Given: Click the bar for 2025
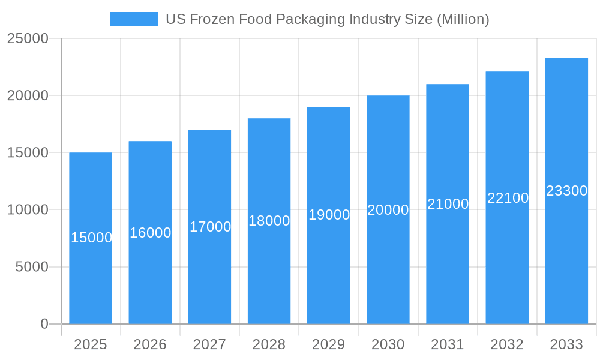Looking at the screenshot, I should pos(91,276).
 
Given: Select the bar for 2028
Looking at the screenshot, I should pos(269,270).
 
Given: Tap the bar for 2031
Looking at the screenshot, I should pos(448,258).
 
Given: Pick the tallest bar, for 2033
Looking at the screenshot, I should pos(566,252).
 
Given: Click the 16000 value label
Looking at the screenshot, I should pos(151,233).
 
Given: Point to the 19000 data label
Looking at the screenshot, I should pos(329,215).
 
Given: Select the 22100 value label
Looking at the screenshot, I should pos(508,198).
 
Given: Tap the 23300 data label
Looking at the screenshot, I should pos(566,191).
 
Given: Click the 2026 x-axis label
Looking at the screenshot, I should pos(150,344).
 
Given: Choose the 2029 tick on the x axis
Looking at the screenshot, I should pos(329,344).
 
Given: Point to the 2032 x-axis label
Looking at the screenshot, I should pos(507,344).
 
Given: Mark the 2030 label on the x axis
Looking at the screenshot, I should pos(388,344).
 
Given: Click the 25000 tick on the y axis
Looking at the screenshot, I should pos(28,39).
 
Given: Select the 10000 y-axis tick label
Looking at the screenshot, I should pos(28,210).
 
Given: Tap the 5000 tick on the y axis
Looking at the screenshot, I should pos(32,267).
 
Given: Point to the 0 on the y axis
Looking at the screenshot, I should pos(44,324).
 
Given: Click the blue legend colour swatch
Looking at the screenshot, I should pos(134,19).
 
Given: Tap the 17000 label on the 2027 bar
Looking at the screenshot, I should pos(210,227).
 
